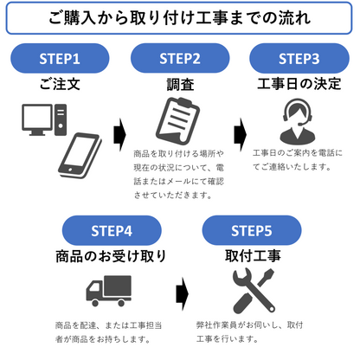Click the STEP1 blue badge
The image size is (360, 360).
tap(60, 59)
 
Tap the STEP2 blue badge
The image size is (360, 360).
tap(179, 59)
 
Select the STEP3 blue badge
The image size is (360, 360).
tap(299, 59)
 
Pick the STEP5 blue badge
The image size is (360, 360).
tap(251, 231)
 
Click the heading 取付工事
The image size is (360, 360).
tap(251, 257)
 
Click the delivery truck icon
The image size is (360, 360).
tap(110, 290)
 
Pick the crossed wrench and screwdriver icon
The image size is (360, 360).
tap(250, 290)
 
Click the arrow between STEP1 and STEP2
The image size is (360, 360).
tap(120, 134)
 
